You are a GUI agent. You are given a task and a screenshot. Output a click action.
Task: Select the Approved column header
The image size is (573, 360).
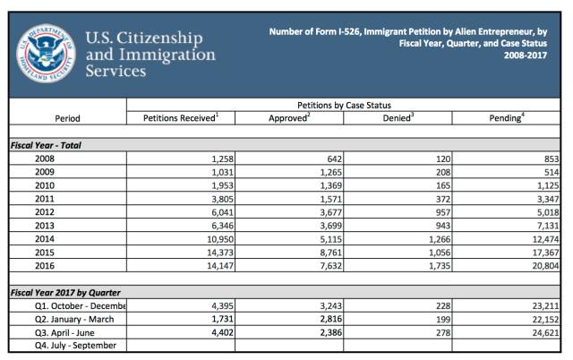(x=288, y=117)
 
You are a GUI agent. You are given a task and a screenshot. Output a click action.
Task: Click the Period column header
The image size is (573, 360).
(x=67, y=117)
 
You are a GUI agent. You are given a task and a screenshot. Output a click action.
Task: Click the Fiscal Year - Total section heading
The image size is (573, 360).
(x=46, y=144)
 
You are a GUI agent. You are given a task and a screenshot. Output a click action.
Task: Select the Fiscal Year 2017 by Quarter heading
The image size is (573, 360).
(x=64, y=293)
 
